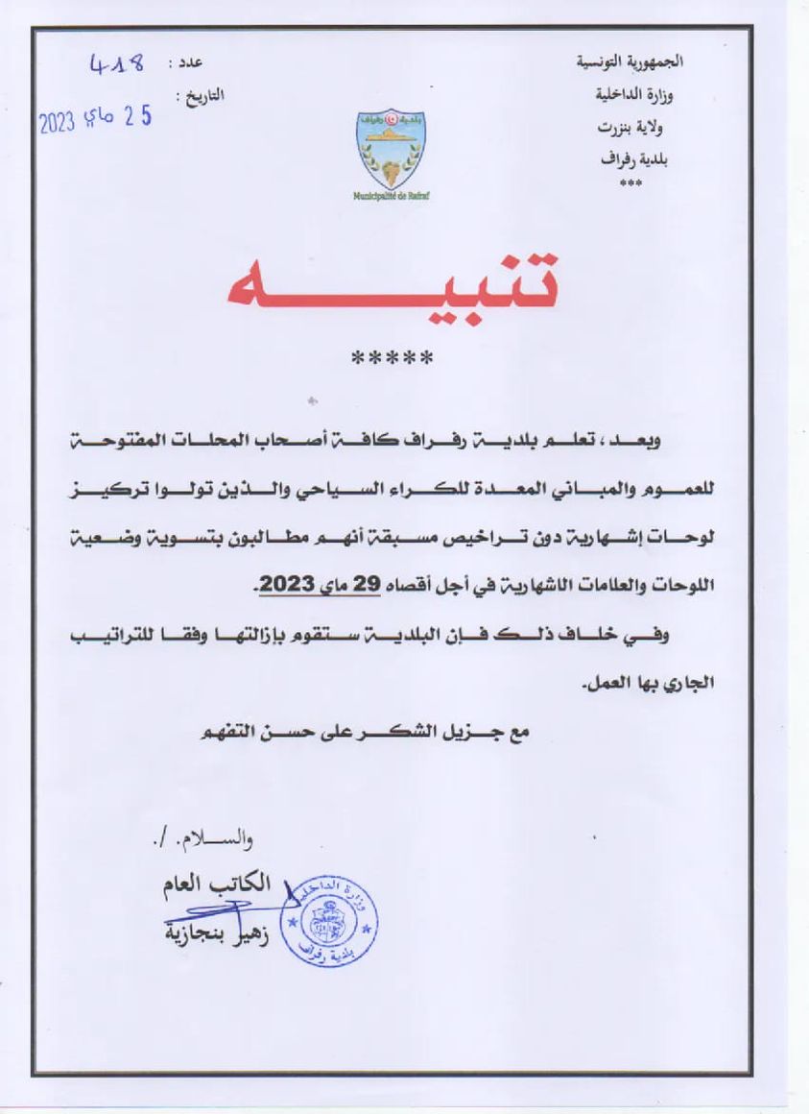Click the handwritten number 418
click(117, 64)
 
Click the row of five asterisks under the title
click(393, 360)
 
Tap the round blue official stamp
click(333, 917)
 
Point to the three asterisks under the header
click(631, 182)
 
